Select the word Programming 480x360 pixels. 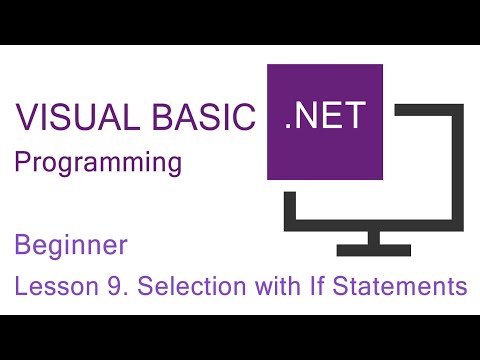[98, 163]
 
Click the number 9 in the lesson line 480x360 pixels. [113, 287]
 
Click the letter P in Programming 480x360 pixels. [22, 163]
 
